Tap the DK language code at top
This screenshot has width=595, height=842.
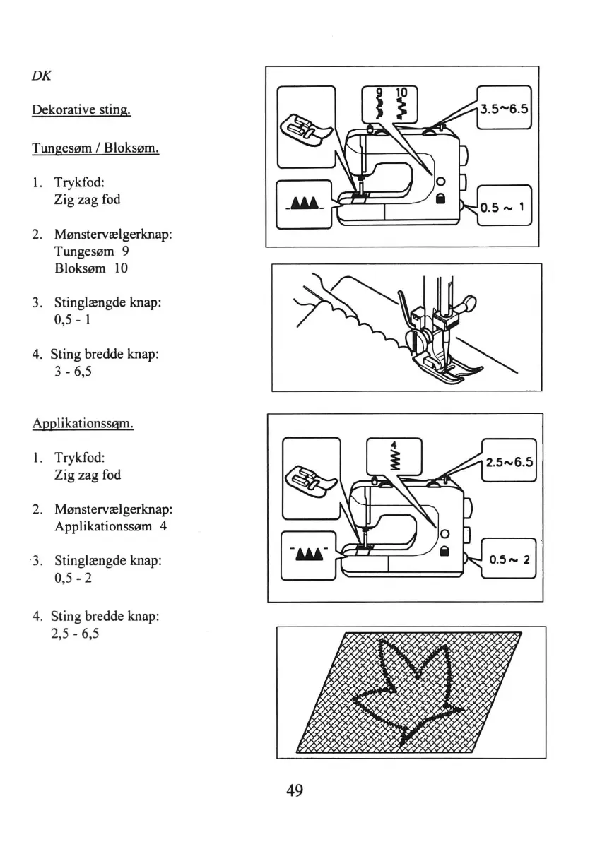coord(40,76)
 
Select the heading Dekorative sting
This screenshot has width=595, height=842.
coord(81,112)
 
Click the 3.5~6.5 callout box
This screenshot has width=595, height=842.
coord(504,109)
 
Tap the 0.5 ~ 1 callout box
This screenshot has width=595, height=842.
coord(504,207)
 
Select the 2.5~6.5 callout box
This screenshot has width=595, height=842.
coord(509,463)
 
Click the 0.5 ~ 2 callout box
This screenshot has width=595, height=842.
coord(509,557)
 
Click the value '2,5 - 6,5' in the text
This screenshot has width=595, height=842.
coord(75,634)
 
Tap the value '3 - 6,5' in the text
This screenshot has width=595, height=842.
coord(71,372)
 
